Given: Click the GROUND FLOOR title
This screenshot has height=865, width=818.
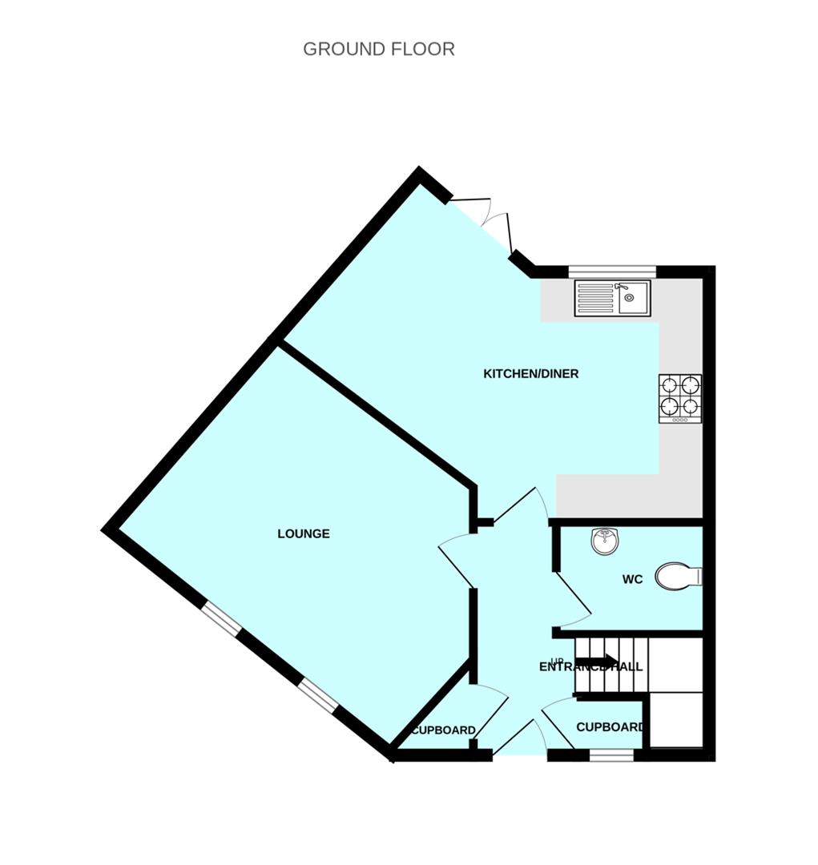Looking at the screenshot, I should [378, 49].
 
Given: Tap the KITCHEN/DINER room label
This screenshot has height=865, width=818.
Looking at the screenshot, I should [530, 374].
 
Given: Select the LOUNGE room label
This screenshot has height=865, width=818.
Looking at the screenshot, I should [304, 534].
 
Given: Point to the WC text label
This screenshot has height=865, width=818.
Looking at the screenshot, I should [632, 580].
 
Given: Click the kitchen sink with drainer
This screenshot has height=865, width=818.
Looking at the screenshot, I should [612, 298].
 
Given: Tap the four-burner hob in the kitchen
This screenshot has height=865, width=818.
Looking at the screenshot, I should [679, 398].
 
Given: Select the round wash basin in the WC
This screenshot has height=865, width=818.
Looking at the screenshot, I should [605, 542].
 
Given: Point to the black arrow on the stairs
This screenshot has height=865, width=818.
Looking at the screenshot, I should [597, 661].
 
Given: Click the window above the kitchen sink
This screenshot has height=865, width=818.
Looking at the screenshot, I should [612, 270].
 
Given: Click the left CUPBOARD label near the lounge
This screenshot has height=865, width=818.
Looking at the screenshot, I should [443, 730].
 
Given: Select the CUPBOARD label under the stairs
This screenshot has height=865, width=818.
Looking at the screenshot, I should [610, 727].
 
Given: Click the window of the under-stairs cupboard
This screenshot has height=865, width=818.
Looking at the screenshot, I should [611, 754].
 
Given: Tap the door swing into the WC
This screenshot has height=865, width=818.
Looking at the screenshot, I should [574, 599].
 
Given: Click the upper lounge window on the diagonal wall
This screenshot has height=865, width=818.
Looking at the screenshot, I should [221, 620].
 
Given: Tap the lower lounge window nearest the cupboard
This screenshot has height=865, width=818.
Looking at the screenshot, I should [320, 695].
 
